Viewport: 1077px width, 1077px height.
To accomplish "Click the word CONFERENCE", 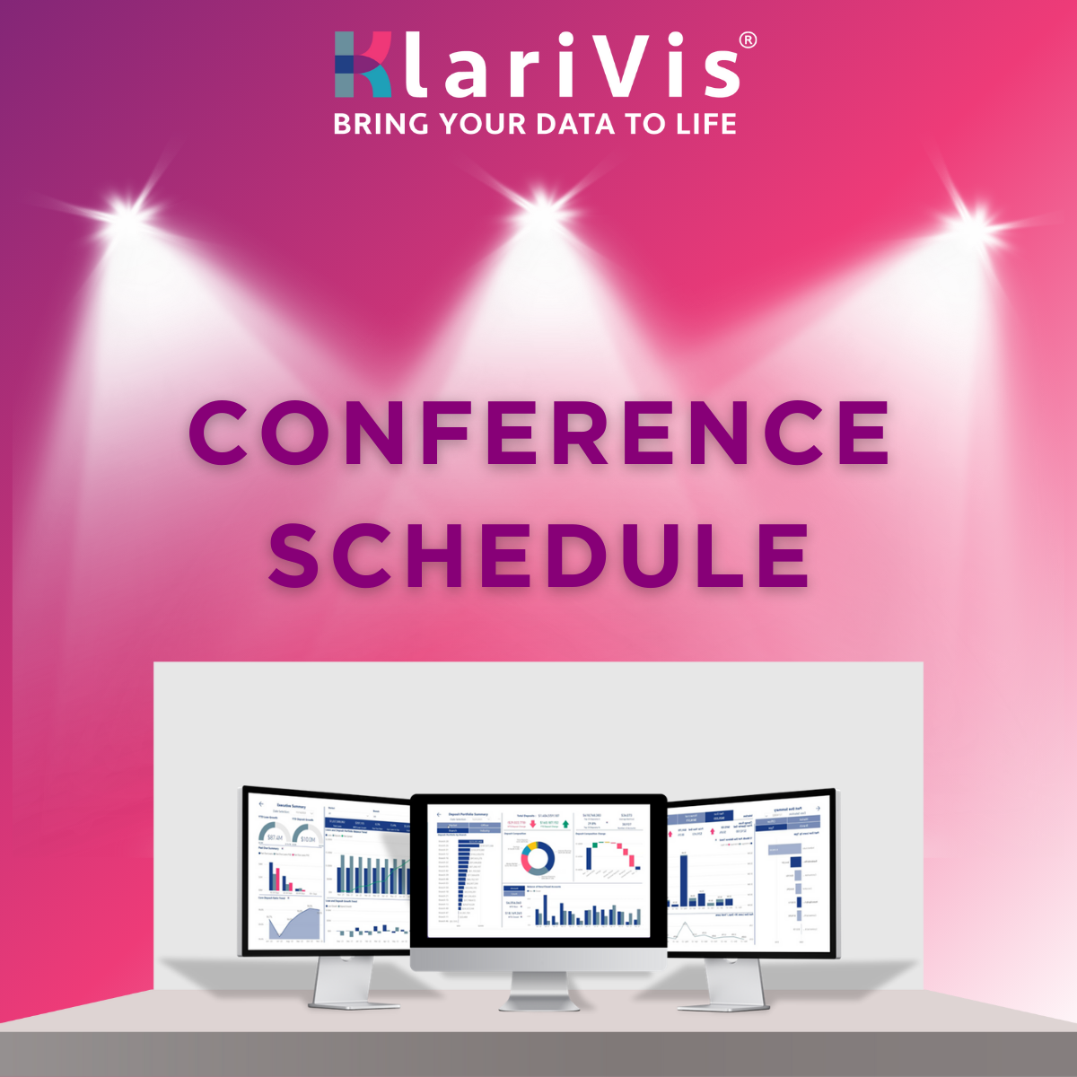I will point(538,433).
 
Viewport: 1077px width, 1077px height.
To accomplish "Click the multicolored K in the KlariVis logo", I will point(363,65).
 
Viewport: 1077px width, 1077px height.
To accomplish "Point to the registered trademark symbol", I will point(747,40).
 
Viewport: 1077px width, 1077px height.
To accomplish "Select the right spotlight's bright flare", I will point(973,219).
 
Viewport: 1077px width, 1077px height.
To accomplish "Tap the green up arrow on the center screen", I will point(565,823).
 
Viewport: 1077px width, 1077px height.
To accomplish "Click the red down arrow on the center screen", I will point(532,823).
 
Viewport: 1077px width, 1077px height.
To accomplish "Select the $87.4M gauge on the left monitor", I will point(273,835).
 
